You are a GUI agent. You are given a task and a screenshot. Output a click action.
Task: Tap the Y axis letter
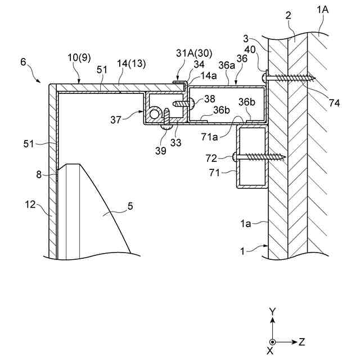272,310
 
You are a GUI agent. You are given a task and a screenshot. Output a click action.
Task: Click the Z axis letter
302,341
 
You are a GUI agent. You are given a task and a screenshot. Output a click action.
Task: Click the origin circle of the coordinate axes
272,341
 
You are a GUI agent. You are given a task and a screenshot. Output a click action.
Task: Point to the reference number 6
23,64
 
